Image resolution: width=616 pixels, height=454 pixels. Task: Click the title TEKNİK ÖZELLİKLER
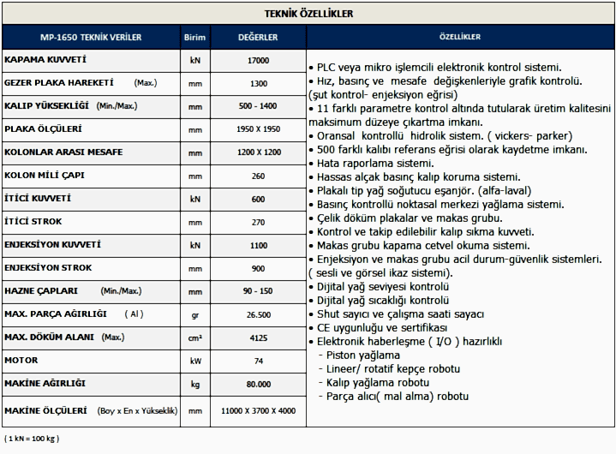(309, 14)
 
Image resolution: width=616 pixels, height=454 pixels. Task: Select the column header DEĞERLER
(257, 38)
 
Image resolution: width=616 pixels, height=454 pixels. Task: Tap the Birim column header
(195, 38)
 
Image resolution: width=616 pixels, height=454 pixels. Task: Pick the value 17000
(257, 61)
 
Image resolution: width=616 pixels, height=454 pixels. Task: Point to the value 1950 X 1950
(257, 130)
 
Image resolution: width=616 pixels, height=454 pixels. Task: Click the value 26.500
(257, 315)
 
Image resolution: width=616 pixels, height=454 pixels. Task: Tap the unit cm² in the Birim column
(195, 338)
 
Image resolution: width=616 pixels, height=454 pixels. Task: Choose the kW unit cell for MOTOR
(195, 361)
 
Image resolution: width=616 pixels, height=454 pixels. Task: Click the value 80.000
(257, 385)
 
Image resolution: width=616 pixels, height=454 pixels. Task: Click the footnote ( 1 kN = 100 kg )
(32, 439)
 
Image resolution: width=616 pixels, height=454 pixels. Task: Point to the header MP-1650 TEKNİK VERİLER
(91, 38)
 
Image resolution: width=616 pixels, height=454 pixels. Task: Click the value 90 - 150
(257, 291)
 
